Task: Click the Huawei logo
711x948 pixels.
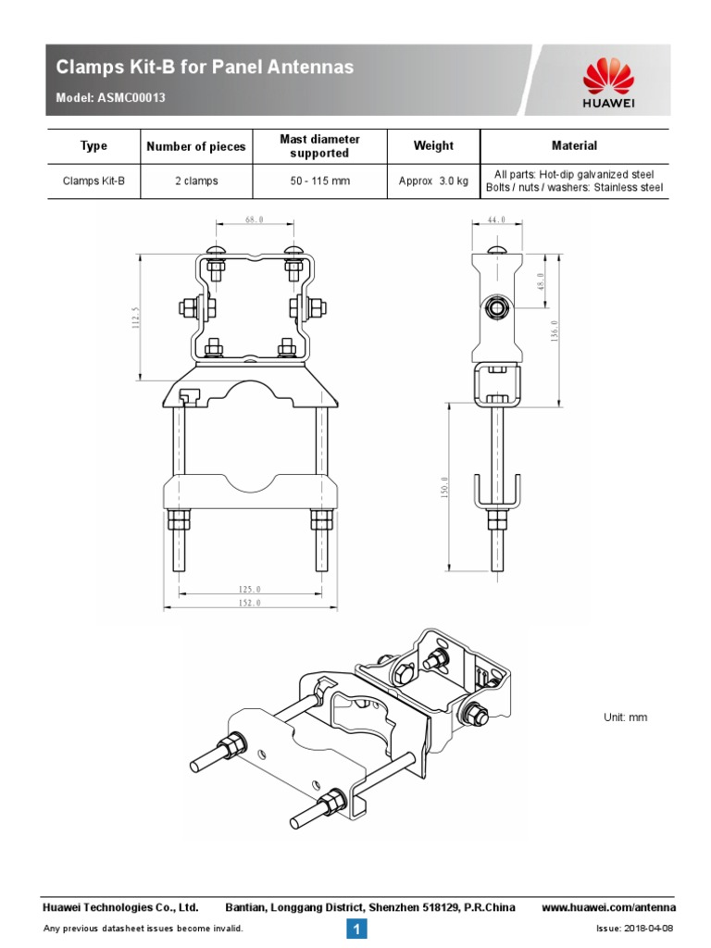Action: coord(607,82)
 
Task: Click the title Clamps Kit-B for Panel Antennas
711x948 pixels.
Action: coord(205,68)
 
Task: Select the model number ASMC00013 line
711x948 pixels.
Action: coord(111,98)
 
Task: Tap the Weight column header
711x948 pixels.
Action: coord(433,145)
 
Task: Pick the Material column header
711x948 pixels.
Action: coord(574,145)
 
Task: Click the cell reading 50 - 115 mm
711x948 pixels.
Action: coord(319,181)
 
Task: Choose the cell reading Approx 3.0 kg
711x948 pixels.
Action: coord(433,181)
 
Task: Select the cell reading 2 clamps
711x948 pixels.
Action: coord(196,181)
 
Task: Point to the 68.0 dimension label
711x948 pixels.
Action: coord(255,220)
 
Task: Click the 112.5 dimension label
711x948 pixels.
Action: coord(135,318)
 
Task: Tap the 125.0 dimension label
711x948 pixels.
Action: coord(250,589)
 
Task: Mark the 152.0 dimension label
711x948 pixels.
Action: coord(250,604)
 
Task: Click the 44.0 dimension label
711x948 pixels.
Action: coord(497,220)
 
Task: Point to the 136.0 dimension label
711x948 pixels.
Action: coord(554,329)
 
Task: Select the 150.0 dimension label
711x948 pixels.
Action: coord(445,488)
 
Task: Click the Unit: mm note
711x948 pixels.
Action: coord(625,717)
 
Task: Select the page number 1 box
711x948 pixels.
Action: coord(356,929)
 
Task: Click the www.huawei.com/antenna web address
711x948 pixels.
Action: coord(607,907)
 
